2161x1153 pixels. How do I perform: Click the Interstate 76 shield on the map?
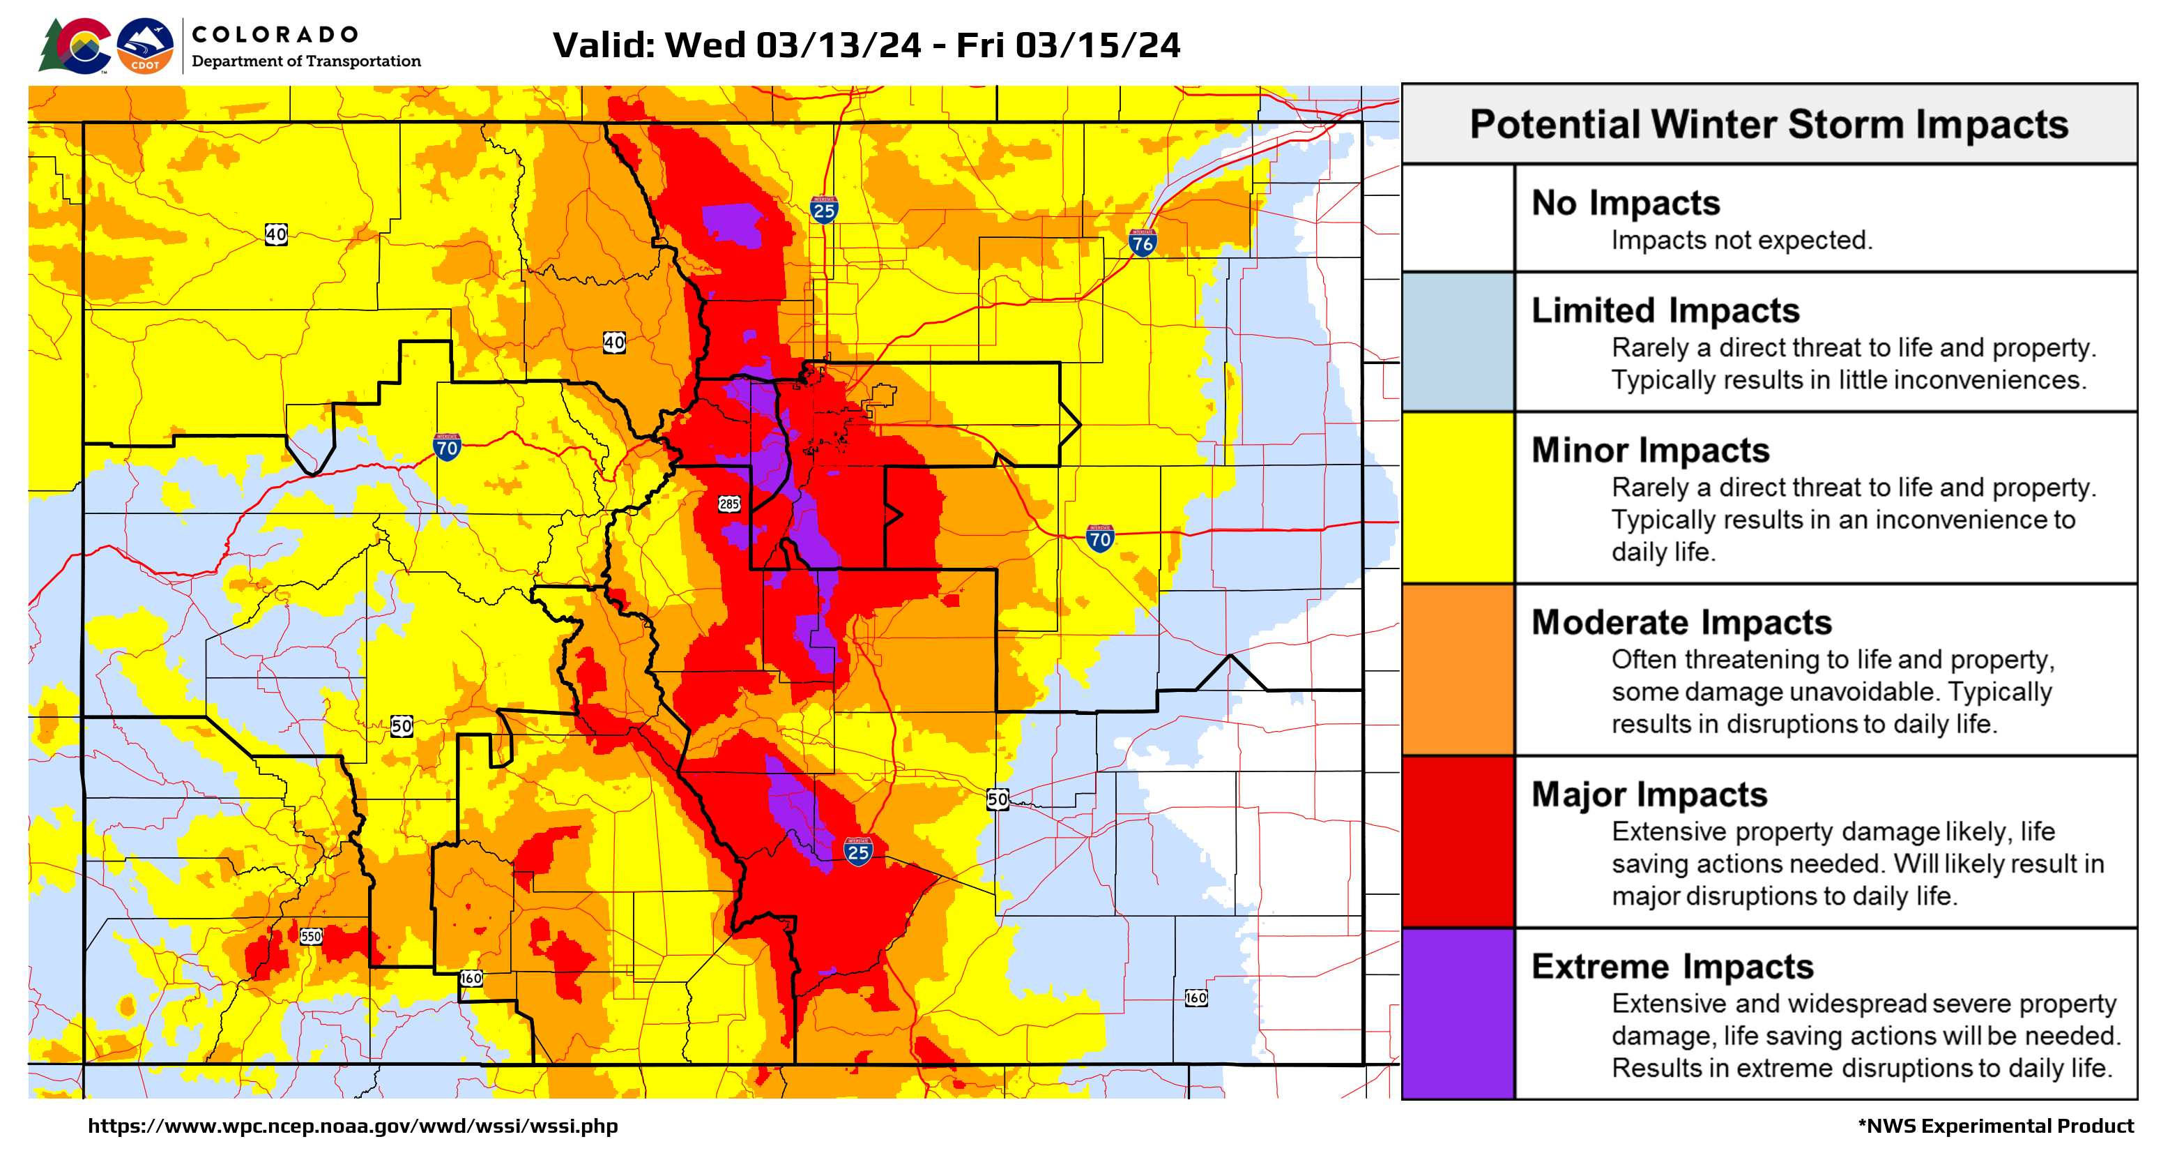1142,243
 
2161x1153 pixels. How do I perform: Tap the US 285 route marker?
729,504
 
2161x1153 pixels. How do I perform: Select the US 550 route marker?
310,935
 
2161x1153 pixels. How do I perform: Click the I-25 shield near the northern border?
824,211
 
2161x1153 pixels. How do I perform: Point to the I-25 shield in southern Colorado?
857,852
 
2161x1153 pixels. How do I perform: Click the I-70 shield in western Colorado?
446,446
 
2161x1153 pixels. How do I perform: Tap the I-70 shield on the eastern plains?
1100,538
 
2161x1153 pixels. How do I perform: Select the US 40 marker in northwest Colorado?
276,234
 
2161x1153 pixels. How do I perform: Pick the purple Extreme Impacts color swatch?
1458,1013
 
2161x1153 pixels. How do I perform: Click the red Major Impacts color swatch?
1458,842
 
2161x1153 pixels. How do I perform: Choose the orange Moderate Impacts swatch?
1458,670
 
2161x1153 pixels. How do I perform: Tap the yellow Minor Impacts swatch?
1458,497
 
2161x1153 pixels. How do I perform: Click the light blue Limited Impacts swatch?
1458,342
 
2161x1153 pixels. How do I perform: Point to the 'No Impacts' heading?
1625,203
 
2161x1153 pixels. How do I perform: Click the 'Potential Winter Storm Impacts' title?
1769,125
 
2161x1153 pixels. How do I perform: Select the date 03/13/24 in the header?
838,45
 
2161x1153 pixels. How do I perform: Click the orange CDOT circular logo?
145,46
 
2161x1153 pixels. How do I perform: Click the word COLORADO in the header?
275,34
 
